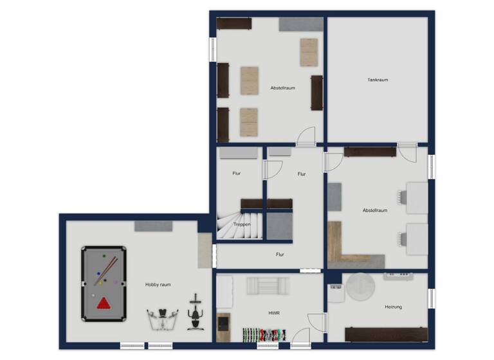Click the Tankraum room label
point(378,80)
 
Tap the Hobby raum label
point(158,284)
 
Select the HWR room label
point(273,313)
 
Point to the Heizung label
point(393,307)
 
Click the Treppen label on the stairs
point(242,224)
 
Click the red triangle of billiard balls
point(103,303)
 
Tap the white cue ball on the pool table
point(93,296)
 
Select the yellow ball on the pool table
point(99,282)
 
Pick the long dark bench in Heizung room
point(385,334)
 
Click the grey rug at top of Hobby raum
point(153,226)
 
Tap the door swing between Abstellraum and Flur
point(306,136)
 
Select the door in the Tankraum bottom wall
point(407,152)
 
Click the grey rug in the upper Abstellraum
point(300,24)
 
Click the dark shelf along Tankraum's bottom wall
point(369,152)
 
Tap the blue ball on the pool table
point(98,274)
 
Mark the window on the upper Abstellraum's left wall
point(212,50)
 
